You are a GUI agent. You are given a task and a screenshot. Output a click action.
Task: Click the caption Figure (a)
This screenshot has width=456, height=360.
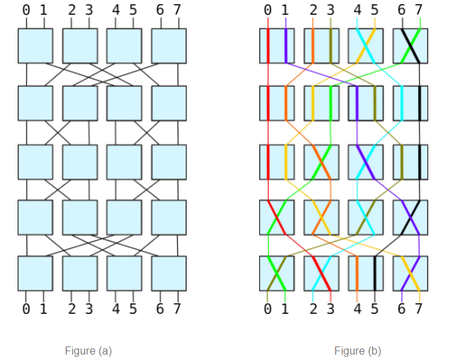[88, 351]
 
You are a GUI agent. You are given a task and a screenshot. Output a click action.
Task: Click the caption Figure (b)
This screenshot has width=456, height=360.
[358, 351]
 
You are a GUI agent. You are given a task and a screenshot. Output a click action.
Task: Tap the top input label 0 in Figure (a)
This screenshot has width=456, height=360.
[26, 10]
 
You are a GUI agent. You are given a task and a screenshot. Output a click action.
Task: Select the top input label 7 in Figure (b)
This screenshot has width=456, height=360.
[419, 10]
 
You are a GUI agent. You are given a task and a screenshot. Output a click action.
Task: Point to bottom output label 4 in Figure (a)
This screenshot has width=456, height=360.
[116, 309]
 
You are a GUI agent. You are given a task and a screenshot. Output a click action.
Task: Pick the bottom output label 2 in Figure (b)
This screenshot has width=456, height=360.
[313, 309]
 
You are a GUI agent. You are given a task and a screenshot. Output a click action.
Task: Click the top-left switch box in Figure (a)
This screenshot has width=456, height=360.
[35, 45]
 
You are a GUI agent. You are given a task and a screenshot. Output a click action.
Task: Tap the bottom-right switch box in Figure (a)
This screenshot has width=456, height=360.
[169, 273]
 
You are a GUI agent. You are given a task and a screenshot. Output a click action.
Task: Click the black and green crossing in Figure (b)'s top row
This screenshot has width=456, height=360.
[411, 45]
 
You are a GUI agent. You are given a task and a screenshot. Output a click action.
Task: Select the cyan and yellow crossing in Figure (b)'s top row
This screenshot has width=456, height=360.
[366, 45]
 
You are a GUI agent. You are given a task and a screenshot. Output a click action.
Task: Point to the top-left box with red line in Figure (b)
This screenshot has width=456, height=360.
[277, 45]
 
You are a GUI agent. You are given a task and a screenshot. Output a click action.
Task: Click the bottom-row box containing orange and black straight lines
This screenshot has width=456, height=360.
[366, 273]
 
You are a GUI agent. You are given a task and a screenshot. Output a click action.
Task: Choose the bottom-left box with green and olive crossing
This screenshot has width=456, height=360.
[277, 273]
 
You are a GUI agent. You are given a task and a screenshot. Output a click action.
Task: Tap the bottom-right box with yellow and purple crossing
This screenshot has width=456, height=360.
[411, 273]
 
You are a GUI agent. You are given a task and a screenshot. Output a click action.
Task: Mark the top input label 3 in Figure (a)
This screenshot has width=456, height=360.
[89, 10]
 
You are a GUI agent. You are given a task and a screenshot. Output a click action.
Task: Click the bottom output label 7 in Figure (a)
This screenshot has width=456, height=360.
[177, 309]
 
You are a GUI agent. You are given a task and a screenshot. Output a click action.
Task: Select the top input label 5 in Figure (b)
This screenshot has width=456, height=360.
[375, 10]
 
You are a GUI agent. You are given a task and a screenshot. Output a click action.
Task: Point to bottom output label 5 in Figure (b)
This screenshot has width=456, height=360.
[375, 309]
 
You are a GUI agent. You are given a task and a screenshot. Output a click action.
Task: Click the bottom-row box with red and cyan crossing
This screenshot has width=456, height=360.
[321, 273]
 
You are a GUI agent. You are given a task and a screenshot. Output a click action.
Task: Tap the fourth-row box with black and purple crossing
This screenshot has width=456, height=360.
[411, 217]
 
